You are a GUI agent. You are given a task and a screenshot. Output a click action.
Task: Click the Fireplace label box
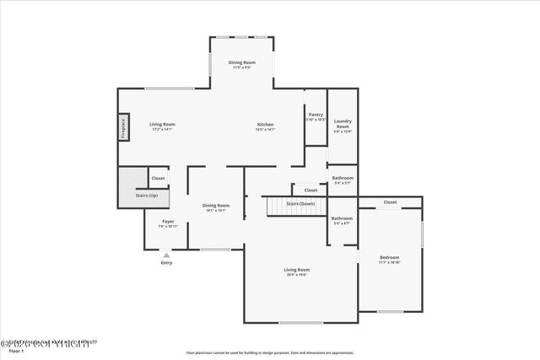123,127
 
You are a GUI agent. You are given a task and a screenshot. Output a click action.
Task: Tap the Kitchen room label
265,126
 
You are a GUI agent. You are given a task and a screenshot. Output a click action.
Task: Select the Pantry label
316,116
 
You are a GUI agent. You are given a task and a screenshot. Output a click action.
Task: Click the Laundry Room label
342,126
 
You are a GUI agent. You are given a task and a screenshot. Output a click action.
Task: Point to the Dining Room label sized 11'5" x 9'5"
241,64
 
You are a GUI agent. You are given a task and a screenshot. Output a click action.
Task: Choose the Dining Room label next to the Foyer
216,207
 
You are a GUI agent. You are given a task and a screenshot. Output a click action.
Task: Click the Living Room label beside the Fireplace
163,126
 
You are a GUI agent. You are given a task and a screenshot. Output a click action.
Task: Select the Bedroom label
389,260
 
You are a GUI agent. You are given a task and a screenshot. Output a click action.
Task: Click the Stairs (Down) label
300,204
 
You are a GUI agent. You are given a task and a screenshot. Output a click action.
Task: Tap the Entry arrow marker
166,254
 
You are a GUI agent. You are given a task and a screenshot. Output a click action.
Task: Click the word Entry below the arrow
166,263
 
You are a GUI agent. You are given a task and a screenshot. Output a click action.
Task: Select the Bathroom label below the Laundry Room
343,180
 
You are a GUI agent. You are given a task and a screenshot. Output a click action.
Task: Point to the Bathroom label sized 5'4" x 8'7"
343,221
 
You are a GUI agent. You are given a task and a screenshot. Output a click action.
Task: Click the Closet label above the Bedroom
390,202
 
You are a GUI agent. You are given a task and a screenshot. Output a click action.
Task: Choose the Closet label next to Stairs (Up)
158,178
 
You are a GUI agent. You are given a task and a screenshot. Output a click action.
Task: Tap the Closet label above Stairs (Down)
310,190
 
